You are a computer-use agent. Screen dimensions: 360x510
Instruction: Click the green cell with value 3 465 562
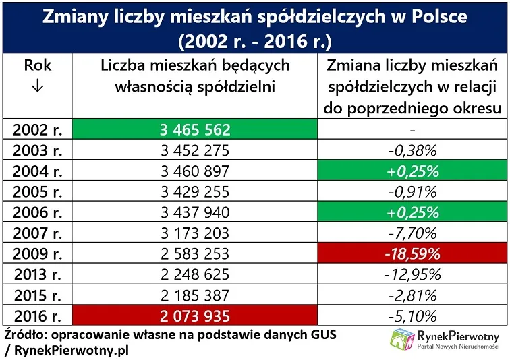[194, 129]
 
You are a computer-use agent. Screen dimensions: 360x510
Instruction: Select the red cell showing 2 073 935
[194, 315]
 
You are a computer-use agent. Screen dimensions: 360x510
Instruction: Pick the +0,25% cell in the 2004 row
[411, 171]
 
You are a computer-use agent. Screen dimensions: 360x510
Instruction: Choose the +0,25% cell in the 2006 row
[411, 212]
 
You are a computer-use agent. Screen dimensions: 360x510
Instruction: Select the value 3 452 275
[194, 150]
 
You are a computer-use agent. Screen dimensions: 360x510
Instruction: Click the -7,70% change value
[411, 233]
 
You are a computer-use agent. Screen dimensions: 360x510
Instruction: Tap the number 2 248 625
[194, 274]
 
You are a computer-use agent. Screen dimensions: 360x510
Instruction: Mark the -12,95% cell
[411, 274]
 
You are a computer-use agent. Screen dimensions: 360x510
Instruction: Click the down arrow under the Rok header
[38, 88]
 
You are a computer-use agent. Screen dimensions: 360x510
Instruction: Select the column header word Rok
[38, 66]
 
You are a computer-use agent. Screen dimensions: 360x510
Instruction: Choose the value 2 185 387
[194, 295]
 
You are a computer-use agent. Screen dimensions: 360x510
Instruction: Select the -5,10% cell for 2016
[411, 315]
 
